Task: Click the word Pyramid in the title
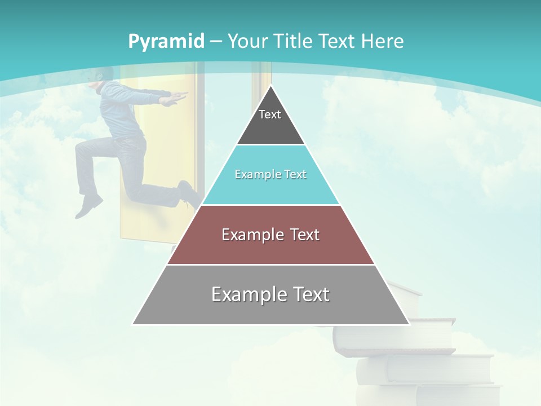(x=166, y=42)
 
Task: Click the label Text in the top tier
(x=269, y=114)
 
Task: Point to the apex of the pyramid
(x=270, y=86)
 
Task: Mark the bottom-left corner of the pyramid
(x=133, y=324)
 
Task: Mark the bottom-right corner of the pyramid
(x=409, y=324)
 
